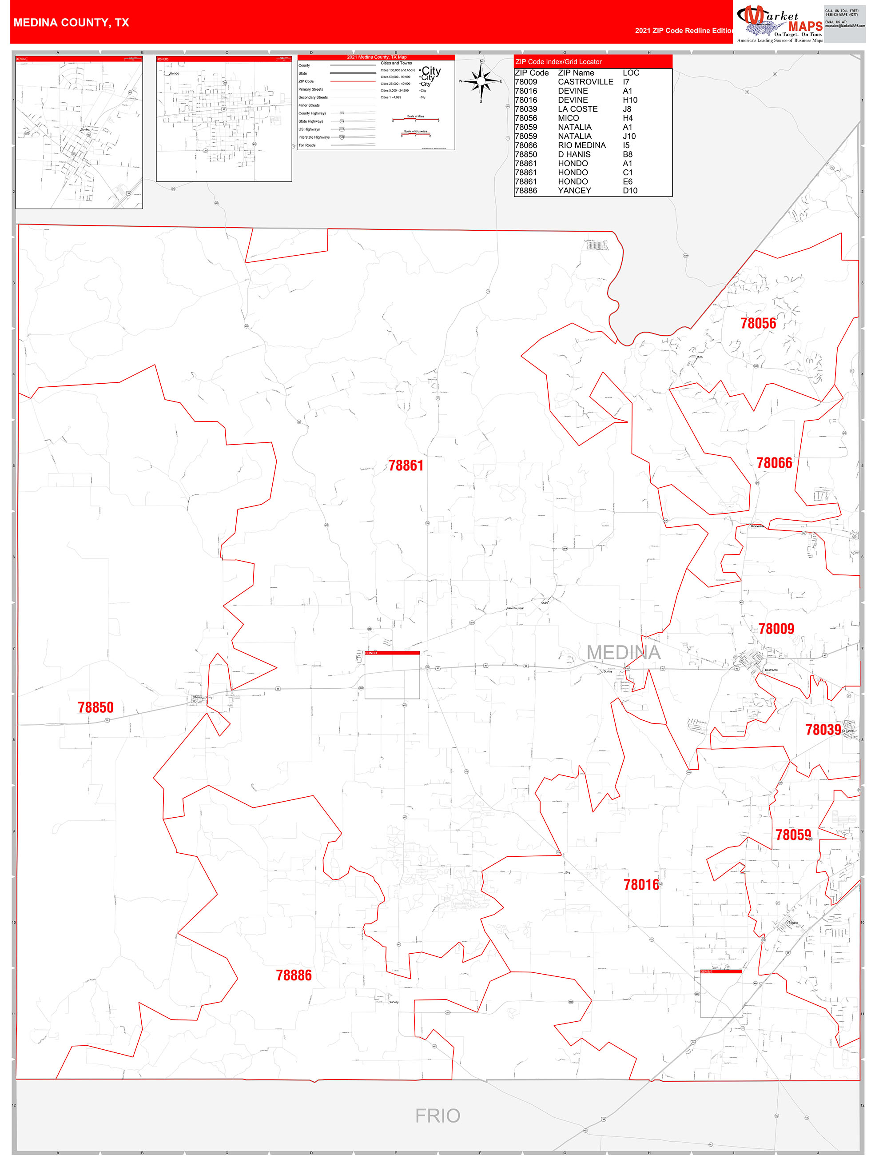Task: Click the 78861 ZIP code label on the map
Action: tap(406, 466)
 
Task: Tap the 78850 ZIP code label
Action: tap(95, 708)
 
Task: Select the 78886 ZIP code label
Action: tap(294, 975)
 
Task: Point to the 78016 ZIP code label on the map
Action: tap(641, 885)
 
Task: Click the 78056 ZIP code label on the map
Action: tap(758, 324)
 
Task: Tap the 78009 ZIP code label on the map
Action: tap(776, 629)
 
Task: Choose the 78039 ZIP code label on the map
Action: tap(823, 730)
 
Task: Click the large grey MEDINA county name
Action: tap(624, 653)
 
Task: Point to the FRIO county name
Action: tap(437, 1116)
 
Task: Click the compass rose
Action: tap(481, 81)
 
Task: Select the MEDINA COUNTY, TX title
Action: tap(71, 23)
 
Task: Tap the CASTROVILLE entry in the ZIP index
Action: tap(585, 82)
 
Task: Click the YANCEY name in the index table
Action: tap(574, 191)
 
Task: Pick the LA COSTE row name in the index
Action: tap(577, 109)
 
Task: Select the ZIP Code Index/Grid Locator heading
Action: tap(558, 62)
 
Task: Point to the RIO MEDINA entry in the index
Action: tap(582, 145)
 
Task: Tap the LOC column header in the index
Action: tap(631, 72)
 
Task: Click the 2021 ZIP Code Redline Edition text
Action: tap(684, 31)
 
